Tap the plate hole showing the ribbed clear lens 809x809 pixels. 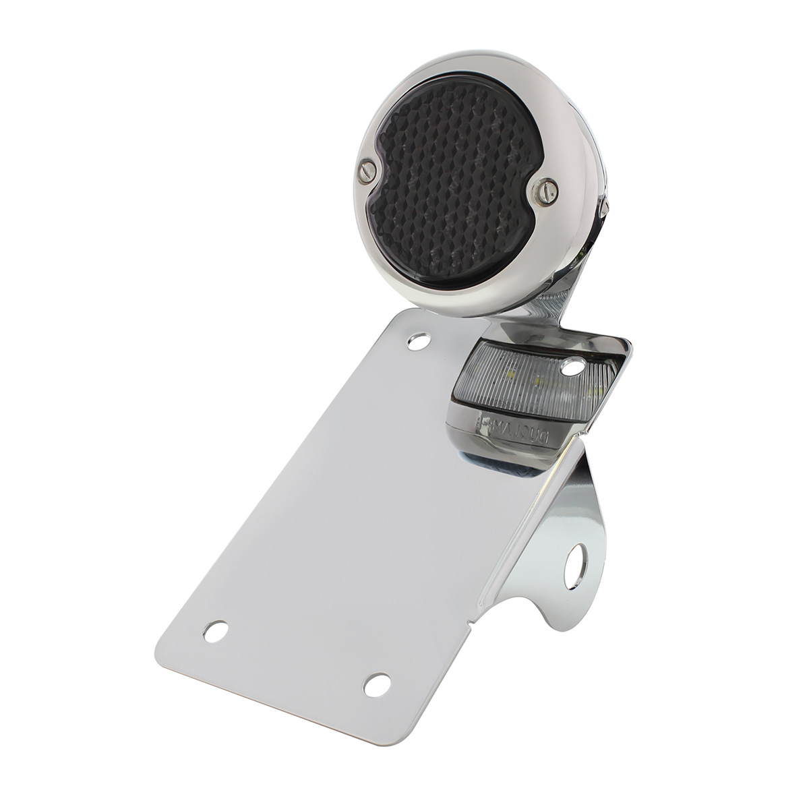pyautogui.click(x=572, y=367)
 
